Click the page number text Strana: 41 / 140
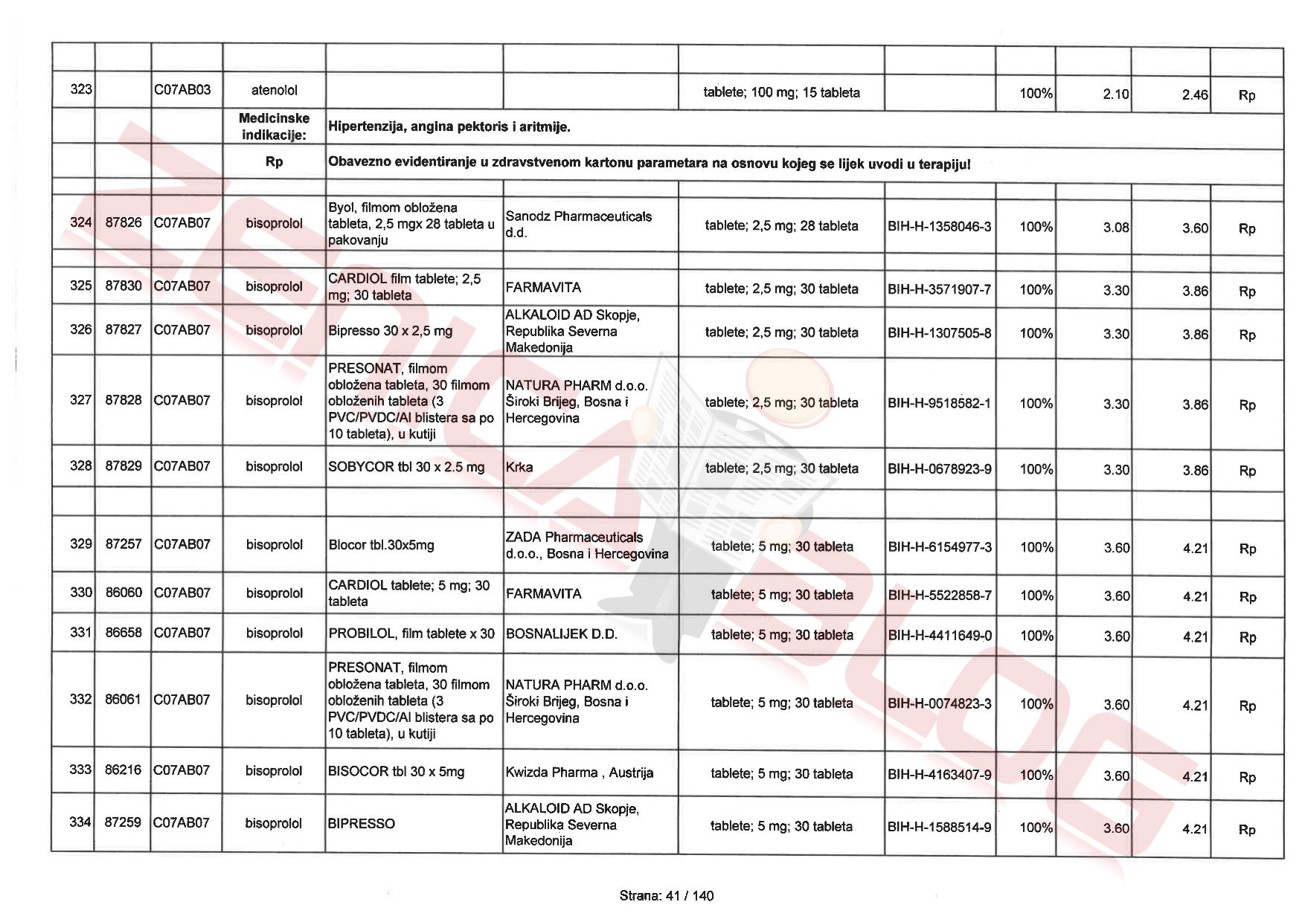[x=666, y=896]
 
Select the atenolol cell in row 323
[x=274, y=91]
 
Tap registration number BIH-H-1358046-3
[x=939, y=227]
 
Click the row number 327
[x=80, y=400]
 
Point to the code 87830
[x=123, y=286]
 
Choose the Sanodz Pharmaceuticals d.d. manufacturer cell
[x=579, y=225]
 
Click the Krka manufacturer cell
[x=519, y=468]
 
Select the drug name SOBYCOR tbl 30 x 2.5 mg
[x=406, y=468]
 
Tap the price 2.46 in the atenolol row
[x=1195, y=95]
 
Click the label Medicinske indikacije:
[x=274, y=127]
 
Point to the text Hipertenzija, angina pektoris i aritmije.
[x=449, y=127]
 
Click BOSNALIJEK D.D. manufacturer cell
[x=561, y=634]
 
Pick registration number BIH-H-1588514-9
[x=939, y=827]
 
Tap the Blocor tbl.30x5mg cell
[x=381, y=545]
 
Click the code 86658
[x=123, y=633]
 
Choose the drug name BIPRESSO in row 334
[x=362, y=824]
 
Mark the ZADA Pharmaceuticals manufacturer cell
[x=586, y=546]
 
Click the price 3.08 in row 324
[x=1116, y=228]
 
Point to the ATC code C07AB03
[x=182, y=90]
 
